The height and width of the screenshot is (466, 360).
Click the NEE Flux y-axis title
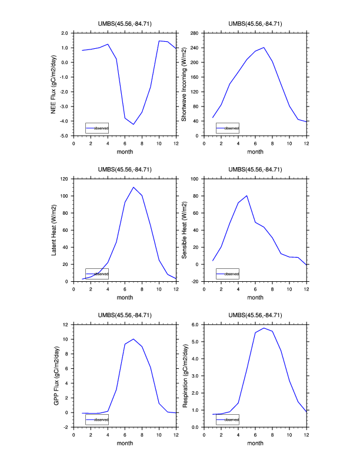click(x=54, y=84)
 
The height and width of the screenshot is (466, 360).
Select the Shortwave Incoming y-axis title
click(x=184, y=84)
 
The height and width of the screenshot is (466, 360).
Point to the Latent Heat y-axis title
click(x=54, y=229)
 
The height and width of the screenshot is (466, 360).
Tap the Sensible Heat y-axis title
click(x=184, y=229)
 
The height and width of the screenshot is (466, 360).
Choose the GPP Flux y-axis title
click(x=54, y=375)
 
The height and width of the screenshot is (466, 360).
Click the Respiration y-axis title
click(x=184, y=375)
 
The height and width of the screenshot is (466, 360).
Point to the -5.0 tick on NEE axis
click(x=65, y=136)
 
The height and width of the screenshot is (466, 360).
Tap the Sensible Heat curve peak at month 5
click(x=247, y=195)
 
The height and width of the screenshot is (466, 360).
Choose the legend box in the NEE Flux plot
click(x=96, y=128)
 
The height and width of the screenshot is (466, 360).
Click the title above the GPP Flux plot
click(x=125, y=315)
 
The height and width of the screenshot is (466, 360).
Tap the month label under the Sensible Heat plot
click(x=255, y=297)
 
